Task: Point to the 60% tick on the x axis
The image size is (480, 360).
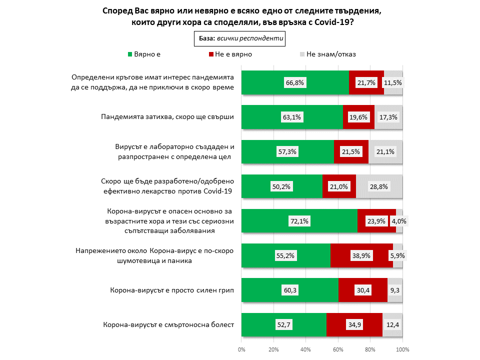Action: (338, 349)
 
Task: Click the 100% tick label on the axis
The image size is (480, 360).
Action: (402, 349)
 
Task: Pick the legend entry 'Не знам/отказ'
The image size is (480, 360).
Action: (330, 54)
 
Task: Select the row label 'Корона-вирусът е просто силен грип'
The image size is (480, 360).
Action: (172, 290)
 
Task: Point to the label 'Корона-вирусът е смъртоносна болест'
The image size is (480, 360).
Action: (168, 325)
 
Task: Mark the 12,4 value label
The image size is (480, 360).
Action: (392, 325)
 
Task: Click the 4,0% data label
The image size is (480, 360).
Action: (398, 221)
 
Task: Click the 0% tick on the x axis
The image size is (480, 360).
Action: (241, 349)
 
